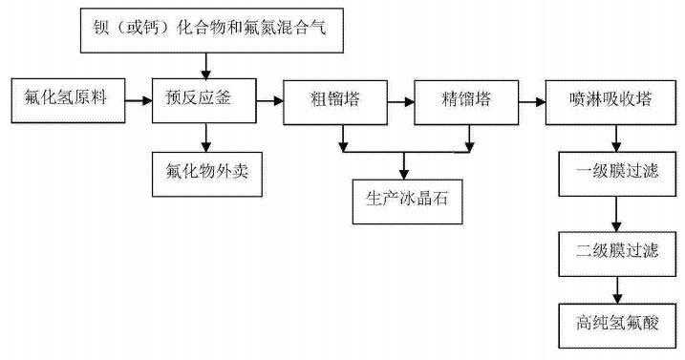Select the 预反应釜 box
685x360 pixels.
coord(203,97)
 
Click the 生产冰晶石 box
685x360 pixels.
coord(406,201)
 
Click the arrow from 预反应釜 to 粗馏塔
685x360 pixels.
coord(269,97)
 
